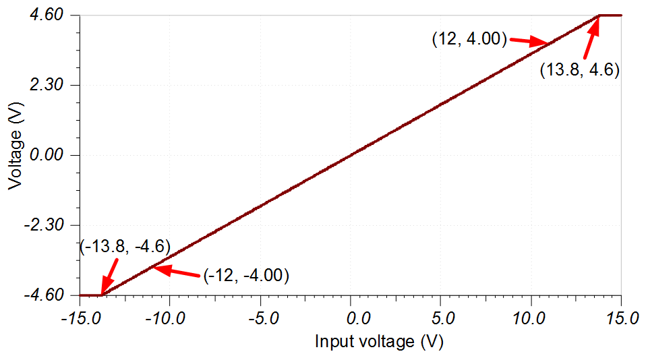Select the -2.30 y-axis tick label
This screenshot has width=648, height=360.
tap(45, 225)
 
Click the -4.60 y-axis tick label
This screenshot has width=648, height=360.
tap(45, 295)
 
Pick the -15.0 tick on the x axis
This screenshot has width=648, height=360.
tap(78, 316)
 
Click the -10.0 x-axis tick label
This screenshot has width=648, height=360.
tap(169, 316)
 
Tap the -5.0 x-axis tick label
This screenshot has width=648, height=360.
tap(260, 316)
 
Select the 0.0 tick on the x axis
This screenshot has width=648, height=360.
tap(351, 316)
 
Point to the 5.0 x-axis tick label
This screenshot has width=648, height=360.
tap(441, 316)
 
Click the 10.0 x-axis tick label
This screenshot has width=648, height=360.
tap(531, 316)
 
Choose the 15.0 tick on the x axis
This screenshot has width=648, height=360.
tap(620, 316)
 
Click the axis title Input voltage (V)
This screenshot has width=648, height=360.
tap(378, 342)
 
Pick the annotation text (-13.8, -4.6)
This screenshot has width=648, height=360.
tap(125, 246)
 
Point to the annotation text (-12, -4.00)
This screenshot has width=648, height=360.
tap(245, 275)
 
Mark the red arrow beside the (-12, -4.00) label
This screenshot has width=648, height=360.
tap(174, 271)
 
